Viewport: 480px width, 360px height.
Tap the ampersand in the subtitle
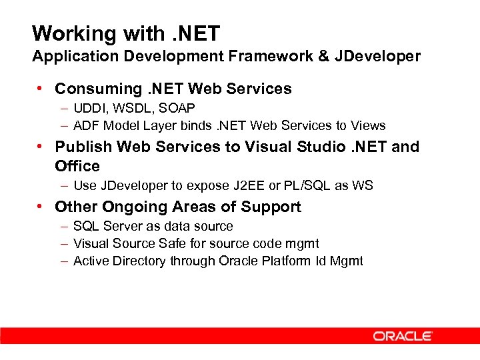pyautogui.click(x=324, y=56)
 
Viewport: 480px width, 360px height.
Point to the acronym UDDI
pyautogui.click(x=89, y=108)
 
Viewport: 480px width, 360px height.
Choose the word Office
pyautogui.click(x=77, y=166)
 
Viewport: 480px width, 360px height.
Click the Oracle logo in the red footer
pyautogui.click(x=403, y=336)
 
